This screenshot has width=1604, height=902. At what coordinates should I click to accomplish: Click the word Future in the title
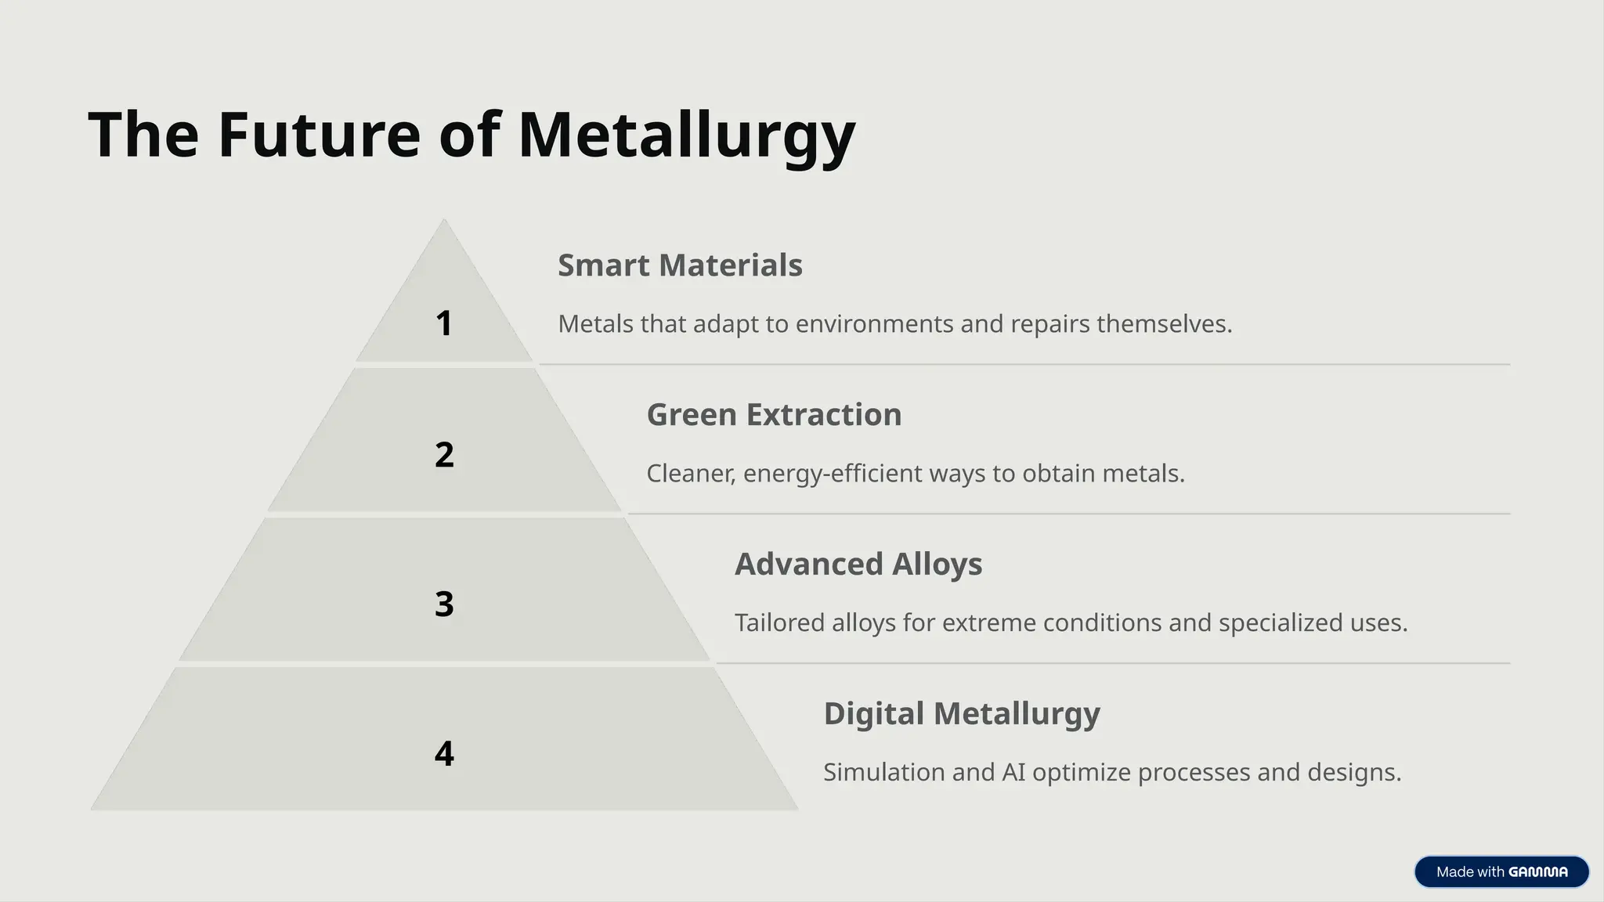[x=319, y=135]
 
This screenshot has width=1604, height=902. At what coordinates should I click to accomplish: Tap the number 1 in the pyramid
[x=444, y=323]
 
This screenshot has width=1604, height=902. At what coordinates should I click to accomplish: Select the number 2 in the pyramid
[x=444, y=455]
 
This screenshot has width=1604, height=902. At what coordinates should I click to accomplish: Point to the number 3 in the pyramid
[x=444, y=604]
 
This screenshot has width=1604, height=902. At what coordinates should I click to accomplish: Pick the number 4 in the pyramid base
[x=444, y=754]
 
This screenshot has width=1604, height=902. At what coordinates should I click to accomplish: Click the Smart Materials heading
[x=680, y=265]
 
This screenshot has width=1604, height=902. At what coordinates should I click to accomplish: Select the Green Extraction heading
[x=774, y=415]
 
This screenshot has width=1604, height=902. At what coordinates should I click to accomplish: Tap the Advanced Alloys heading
[x=858, y=565]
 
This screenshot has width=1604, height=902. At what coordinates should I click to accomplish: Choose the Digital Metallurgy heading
[x=962, y=714]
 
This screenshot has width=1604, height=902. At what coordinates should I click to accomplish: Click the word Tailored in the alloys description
[x=779, y=623]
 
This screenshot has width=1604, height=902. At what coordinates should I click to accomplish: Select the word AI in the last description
[x=1013, y=773]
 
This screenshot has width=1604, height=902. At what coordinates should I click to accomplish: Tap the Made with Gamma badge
[x=1501, y=871]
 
